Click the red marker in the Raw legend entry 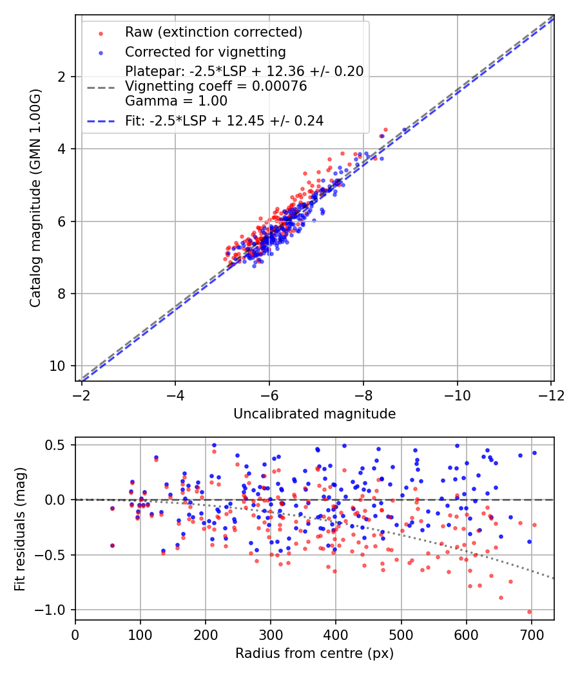(101, 33)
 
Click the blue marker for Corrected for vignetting (101, 52)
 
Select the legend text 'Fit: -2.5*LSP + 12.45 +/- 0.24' (224, 120)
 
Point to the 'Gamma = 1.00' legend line (176, 101)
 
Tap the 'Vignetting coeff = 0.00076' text (216, 86)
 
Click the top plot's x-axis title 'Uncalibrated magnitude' (314, 414)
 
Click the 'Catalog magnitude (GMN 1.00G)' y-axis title (35, 198)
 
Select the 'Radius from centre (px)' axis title (314, 653)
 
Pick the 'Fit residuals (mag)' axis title (20, 529)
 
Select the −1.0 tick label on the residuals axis (54, 610)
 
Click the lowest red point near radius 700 (530, 612)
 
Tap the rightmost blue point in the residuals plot (534, 453)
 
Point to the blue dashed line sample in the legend (101, 120)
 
